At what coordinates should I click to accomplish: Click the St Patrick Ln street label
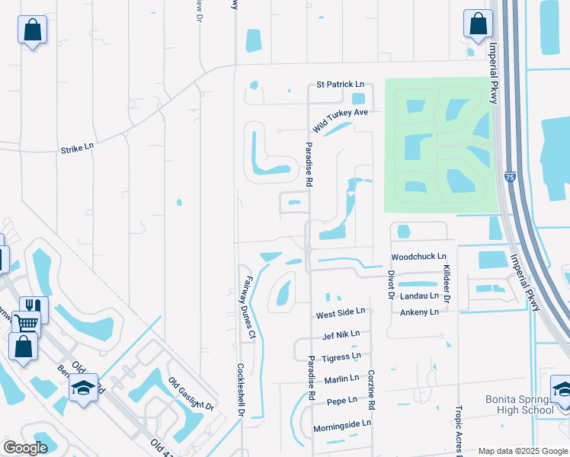tap(340, 85)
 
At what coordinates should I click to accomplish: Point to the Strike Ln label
tap(77, 146)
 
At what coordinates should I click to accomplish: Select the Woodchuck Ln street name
tap(418, 257)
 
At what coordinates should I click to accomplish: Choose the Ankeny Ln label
tap(420, 312)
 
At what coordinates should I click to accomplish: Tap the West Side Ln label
tap(341, 312)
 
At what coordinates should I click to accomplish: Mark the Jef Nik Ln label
tap(341, 334)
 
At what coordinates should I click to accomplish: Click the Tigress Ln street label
tap(341, 356)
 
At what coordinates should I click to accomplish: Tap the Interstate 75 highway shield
tap(508, 177)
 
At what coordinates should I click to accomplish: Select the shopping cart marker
tap(26, 323)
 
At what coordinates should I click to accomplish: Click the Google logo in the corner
tap(25, 448)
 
